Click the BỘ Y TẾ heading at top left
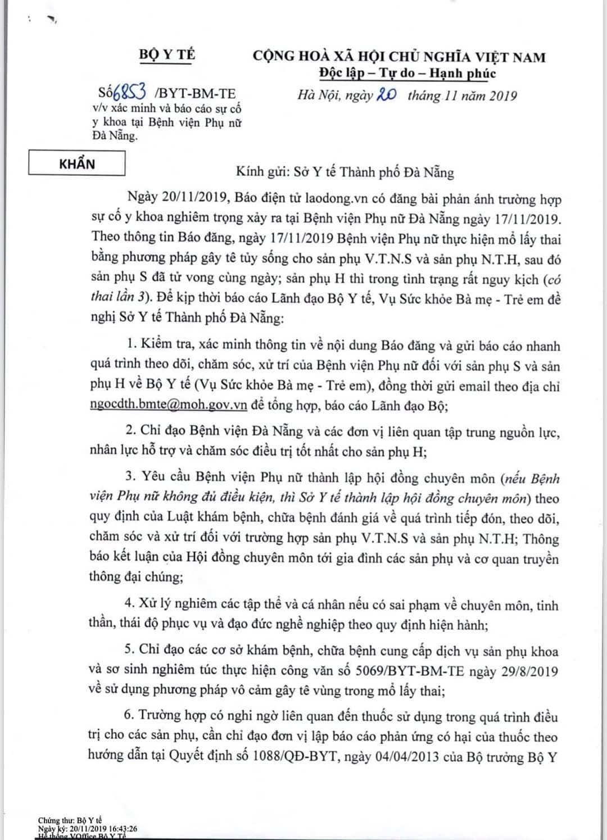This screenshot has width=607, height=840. (x=167, y=55)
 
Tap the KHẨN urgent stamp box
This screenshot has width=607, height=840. (x=78, y=164)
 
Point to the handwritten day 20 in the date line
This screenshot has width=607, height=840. (x=386, y=94)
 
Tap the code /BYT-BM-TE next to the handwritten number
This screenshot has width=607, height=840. (x=194, y=94)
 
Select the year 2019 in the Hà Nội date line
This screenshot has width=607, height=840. (x=502, y=96)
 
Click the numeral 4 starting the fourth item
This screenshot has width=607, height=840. (x=129, y=603)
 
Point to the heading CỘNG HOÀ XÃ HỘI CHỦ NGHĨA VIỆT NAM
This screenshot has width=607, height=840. (x=399, y=56)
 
